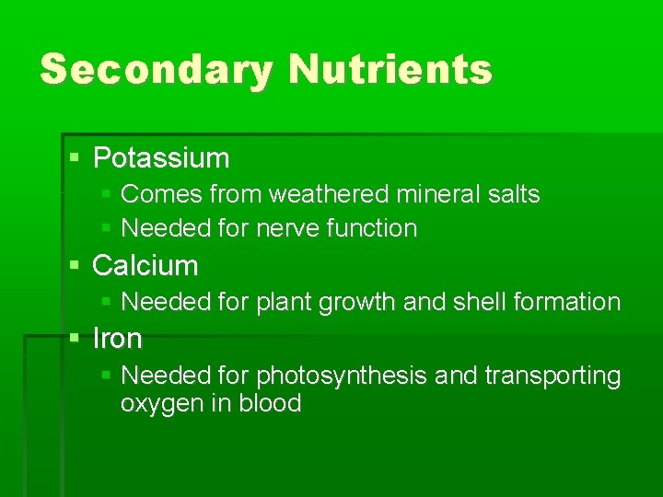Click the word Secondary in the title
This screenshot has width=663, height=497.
click(157, 70)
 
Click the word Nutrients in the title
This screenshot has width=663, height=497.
click(390, 70)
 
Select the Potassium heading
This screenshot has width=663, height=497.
click(161, 158)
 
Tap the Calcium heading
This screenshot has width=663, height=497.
click(145, 266)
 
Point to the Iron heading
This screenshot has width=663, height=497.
click(118, 340)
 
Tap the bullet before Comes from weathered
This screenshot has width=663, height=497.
click(106, 195)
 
